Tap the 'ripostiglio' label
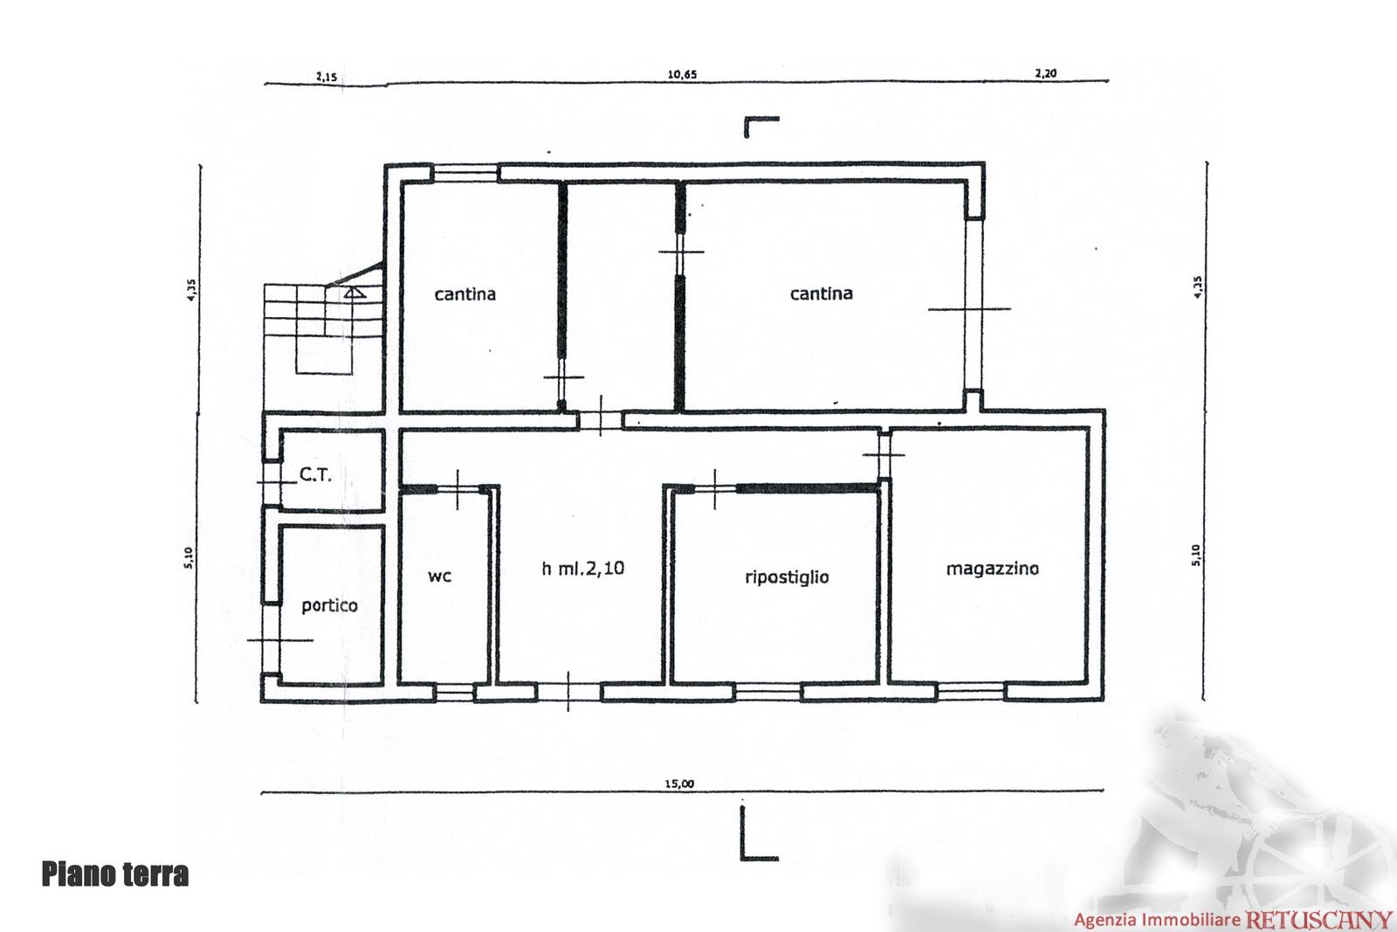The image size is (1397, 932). pyautogui.click(x=787, y=576)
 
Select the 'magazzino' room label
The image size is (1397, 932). pyautogui.click(x=992, y=569)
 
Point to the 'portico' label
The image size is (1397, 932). pyautogui.click(x=329, y=605)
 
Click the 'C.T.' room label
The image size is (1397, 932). pyautogui.click(x=315, y=474)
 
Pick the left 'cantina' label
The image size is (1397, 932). pyautogui.click(x=465, y=293)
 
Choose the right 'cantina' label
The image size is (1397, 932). pyautogui.click(x=822, y=293)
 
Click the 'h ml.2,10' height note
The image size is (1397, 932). pyautogui.click(x=583, y=569)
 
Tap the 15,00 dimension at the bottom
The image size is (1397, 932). pyautogui.click(x=680, y=784)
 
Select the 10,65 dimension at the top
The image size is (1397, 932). pyautogui.click(x=682, y=74)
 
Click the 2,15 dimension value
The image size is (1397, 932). pyautogui.click(x=327, y=77)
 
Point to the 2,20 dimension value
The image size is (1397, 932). pyautogui.click(x=1046, y=73)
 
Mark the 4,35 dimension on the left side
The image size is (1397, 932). pyautogui.click(x=191, y=289)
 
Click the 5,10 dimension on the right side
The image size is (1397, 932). pyautogui.click(x=1195, y=555)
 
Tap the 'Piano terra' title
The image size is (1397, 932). pyautogui.click(x=114, y=874)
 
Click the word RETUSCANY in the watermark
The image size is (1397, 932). pyautogui.click(x=1318, y=919)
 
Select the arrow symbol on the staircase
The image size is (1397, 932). pyautogui.click(x=354, y=292)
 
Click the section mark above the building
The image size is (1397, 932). pyautogui.click(x=761, y=127)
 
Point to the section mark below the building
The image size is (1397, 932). pyautogui.click(x=759, y=832)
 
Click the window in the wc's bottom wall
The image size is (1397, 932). pyautogui.click(x=455, y=692)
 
